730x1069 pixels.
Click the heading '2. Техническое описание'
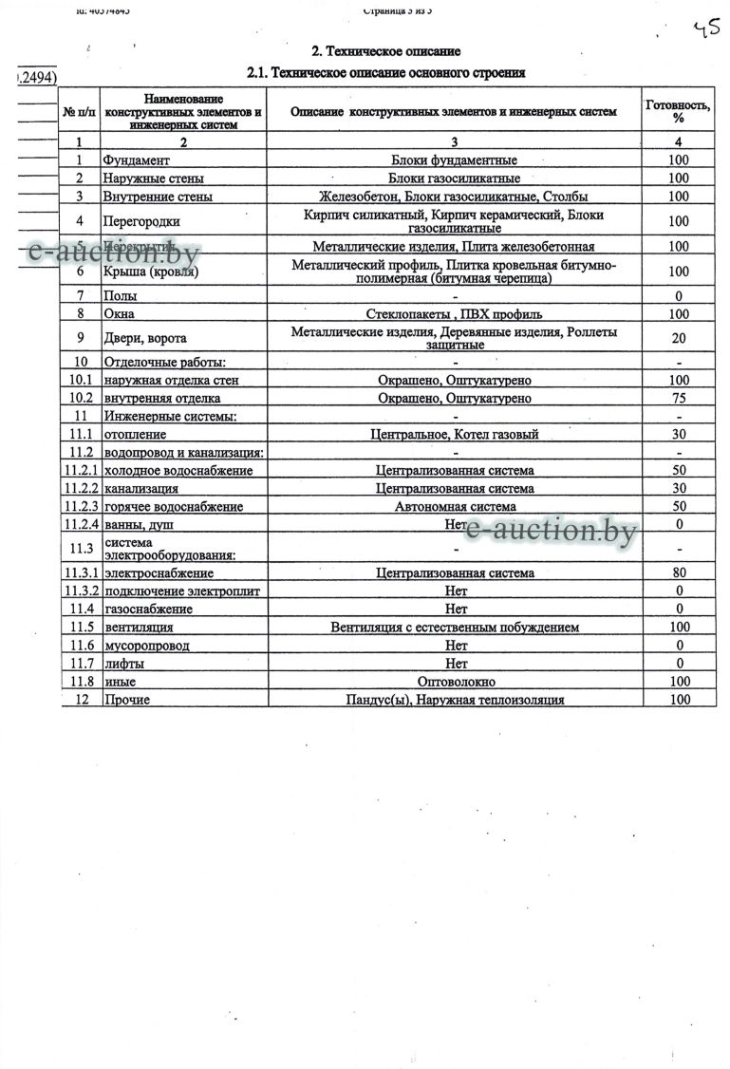pyautogui.click(x=386, y=51)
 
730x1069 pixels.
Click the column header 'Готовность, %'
pyautogui.click(x=678, y=111)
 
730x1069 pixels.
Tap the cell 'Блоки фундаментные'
pyautogui.click(x=454, y=159)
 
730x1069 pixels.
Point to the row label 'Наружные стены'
pyautogui.click(x=154, y=178)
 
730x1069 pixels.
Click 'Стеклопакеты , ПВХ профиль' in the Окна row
pyautogui.click(x=454, y=313)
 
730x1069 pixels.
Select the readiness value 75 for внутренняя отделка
pyautogui.click(x=678, y=399)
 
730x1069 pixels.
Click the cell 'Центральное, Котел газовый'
pyautogui.click(x=454, y=435)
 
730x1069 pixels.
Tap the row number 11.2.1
pyautogui.click(x=81, y=470)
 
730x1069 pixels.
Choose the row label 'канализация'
pyautogui.click(x=141, y=489)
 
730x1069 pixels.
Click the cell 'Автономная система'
pyautogui.click(x=454, y=507)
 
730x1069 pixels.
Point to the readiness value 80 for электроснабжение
pyautogui.click(x=678, y=572)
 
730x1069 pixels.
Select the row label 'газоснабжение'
pyautogui.click(x=148, y=609)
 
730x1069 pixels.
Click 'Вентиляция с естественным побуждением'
pyautogui.click(x=454, y=627)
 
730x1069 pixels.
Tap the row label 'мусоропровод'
pyautogui.click(x=147, y=646)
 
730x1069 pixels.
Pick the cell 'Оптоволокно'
pyautogui.click(x=454, y=682)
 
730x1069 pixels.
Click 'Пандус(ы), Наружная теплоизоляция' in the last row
pyautogui.click(x=454, y=700)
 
